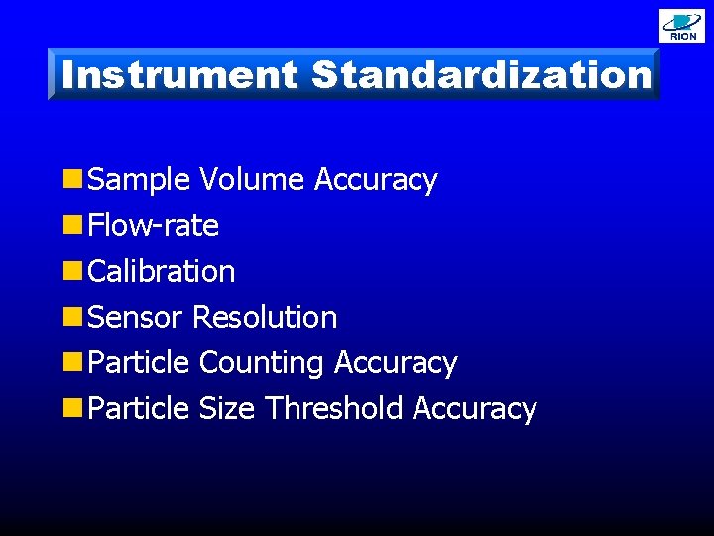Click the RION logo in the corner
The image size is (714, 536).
[682, 26]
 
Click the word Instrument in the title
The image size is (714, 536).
[178, 75]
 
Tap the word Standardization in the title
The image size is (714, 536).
[482, 75]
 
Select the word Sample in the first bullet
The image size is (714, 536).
[139, 180]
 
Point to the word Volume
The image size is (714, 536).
[252, 180]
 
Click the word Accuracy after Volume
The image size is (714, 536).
[376, 180]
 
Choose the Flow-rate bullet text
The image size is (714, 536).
[154, 225]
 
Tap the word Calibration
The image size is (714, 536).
[162, 271]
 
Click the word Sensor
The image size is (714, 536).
[136, 318]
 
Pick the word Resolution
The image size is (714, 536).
[265, 318]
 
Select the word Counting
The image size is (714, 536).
[262, 363]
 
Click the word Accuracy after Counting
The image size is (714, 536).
[396, 363]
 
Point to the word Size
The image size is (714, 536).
[227, 409]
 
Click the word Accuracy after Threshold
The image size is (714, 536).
[474, 409]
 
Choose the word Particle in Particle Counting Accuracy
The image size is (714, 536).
[139, 363]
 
